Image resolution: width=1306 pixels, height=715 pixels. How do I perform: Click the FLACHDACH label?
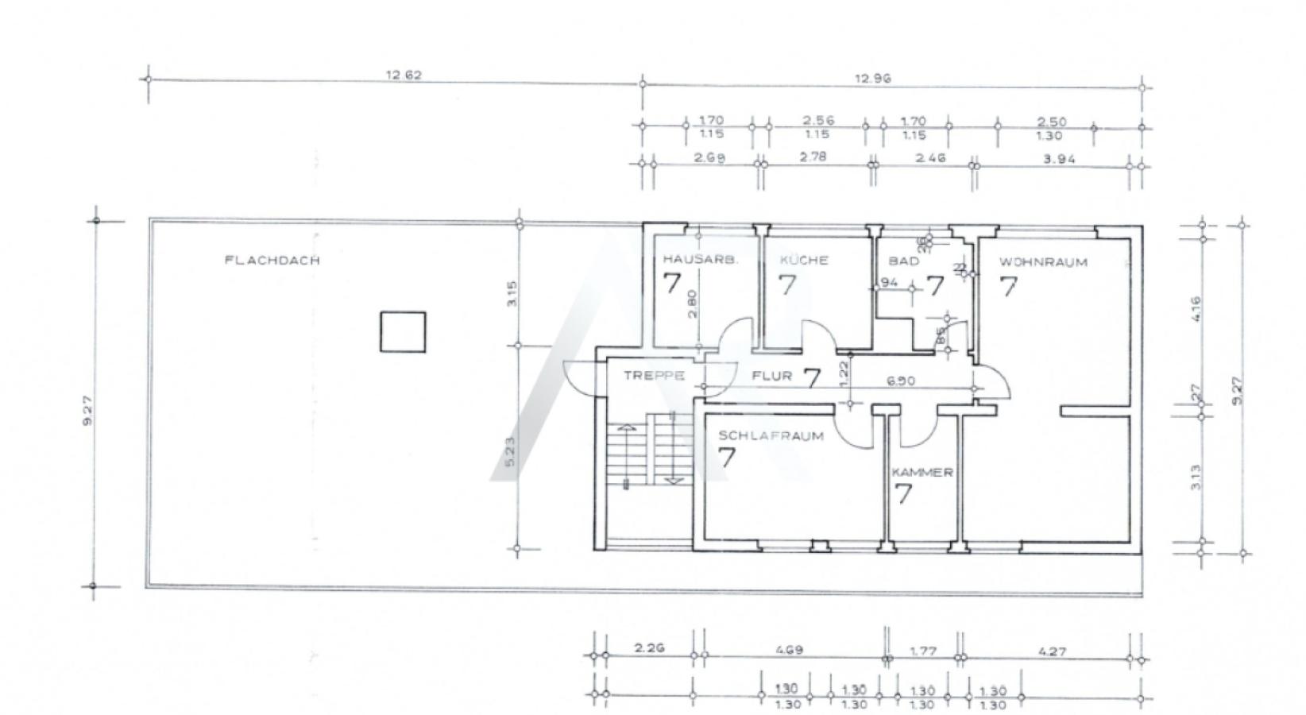coord(272,260)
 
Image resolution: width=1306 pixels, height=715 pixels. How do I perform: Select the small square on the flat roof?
coord(403,332)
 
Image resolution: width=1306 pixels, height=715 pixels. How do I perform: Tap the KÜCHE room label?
coord(804,260)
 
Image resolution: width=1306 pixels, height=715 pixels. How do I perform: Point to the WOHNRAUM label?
coord(1043,262)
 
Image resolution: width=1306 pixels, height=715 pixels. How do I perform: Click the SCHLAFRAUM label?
coord(771,435)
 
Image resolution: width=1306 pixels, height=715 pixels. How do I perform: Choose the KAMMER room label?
coord(922,472)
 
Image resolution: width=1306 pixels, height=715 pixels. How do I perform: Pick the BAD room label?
coord(903,261)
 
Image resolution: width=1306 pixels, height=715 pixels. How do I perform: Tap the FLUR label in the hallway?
coord(771,375)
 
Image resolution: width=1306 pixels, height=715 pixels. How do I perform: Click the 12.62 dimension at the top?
coord(404,76)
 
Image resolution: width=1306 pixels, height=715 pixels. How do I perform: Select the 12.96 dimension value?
coord(872,79)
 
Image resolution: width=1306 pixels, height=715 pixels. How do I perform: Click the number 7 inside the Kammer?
coord(903,494)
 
